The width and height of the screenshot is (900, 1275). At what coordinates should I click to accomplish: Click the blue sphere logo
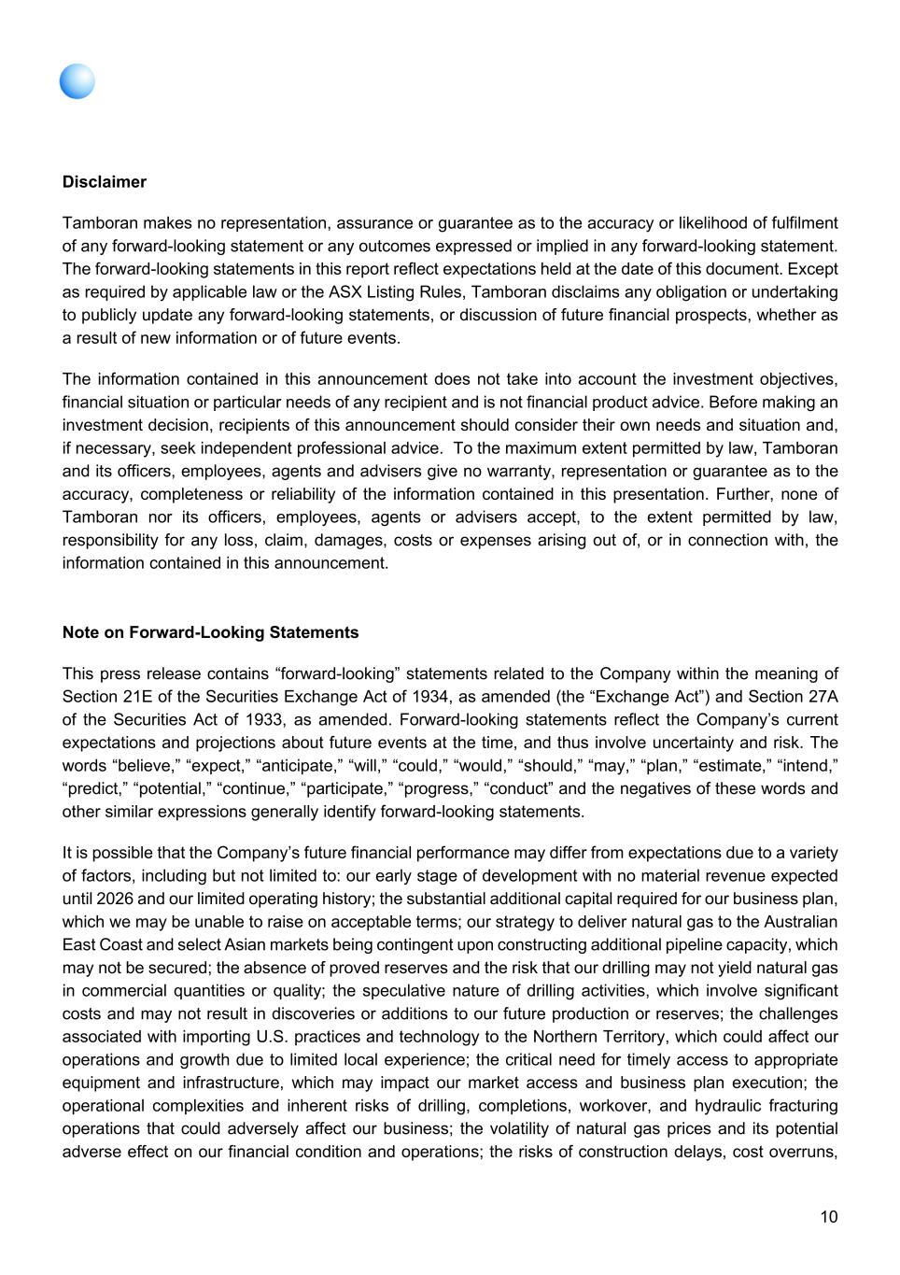77,81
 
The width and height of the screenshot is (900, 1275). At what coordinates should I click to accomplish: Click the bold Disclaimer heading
105,182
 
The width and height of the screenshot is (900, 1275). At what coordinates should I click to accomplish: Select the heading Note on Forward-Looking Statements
210,632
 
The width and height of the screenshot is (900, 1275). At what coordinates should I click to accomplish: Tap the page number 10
829,1216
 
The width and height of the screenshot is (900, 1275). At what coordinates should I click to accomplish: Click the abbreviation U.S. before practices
280,1037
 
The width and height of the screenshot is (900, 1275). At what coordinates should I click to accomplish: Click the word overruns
804,1152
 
